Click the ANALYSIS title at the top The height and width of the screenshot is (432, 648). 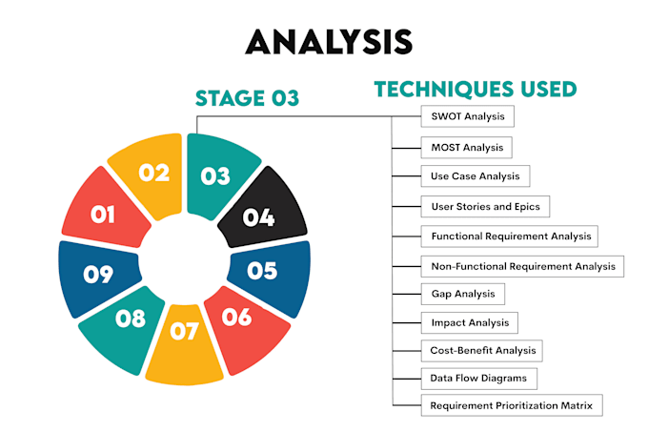329,42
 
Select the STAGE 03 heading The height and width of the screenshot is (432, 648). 247,98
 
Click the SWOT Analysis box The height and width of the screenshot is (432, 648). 467,116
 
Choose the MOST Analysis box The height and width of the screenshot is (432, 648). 467,148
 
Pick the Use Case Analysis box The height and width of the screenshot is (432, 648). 476,176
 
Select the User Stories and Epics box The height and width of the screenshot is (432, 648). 485,206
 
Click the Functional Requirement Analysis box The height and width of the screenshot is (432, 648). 509,237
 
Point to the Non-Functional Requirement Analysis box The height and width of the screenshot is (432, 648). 522,266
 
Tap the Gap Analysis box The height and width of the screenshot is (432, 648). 462,294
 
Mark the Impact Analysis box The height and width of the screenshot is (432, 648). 470,322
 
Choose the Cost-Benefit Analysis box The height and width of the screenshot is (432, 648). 482,351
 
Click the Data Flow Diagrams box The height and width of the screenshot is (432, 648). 479,379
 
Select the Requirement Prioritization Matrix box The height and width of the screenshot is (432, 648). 512,405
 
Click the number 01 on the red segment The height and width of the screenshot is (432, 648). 103,215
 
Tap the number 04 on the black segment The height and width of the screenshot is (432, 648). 258,217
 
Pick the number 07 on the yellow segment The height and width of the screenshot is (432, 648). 184,331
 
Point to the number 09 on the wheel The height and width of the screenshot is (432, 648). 98,274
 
